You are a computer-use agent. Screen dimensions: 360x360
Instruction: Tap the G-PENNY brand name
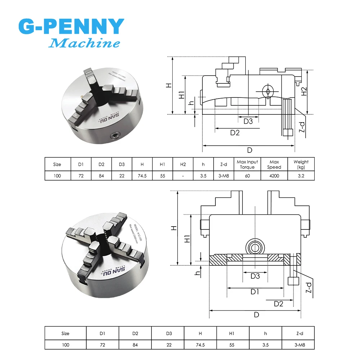coord(71,27)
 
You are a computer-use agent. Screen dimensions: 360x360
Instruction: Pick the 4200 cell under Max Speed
coord(274,176)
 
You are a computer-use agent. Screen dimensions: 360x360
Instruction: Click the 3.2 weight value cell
coord(301,176)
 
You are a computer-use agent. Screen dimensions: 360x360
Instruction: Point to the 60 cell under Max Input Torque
coord(247,176)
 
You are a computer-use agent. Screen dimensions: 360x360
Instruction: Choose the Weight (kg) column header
coord(301,164)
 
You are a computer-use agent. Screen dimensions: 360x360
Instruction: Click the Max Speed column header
coord(274,164)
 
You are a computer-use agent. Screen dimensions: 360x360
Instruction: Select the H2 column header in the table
coord(183,164)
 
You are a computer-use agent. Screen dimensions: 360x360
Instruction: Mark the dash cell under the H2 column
coord(183,176)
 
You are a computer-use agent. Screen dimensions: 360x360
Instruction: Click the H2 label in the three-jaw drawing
coord(304,91)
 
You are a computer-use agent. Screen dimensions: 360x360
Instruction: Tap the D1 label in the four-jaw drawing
coord(255,292)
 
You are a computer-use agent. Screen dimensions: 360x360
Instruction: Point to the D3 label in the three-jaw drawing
coord(248,121)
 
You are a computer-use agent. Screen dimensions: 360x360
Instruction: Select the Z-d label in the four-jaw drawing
coord(308,288)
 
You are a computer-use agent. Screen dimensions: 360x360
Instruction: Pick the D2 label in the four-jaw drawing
coord(278,304)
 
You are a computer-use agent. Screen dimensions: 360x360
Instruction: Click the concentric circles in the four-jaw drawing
coord(255,247)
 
